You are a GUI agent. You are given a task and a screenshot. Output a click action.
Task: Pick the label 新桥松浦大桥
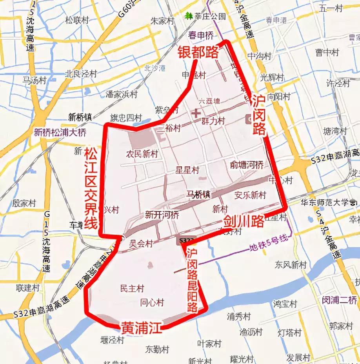(x=60, y=132)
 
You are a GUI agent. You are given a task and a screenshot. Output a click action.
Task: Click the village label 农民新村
(x=142, y=154)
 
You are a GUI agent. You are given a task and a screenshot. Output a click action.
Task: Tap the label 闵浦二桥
(x=340, y=300)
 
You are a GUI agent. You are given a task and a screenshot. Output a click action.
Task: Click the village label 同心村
(x=152, y=302)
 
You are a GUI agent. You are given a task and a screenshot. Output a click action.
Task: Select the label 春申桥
(x=201, y=36)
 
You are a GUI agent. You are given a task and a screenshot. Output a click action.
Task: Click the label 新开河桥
(x=162, y=215)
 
